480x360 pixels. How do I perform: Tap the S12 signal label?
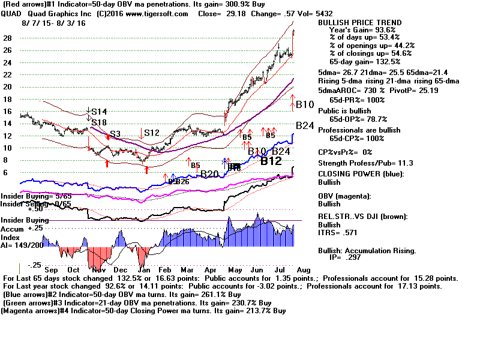(x=151, y=133)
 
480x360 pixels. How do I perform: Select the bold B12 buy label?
(x=271, y=161)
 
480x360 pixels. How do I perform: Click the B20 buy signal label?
(x=210, y=174)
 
